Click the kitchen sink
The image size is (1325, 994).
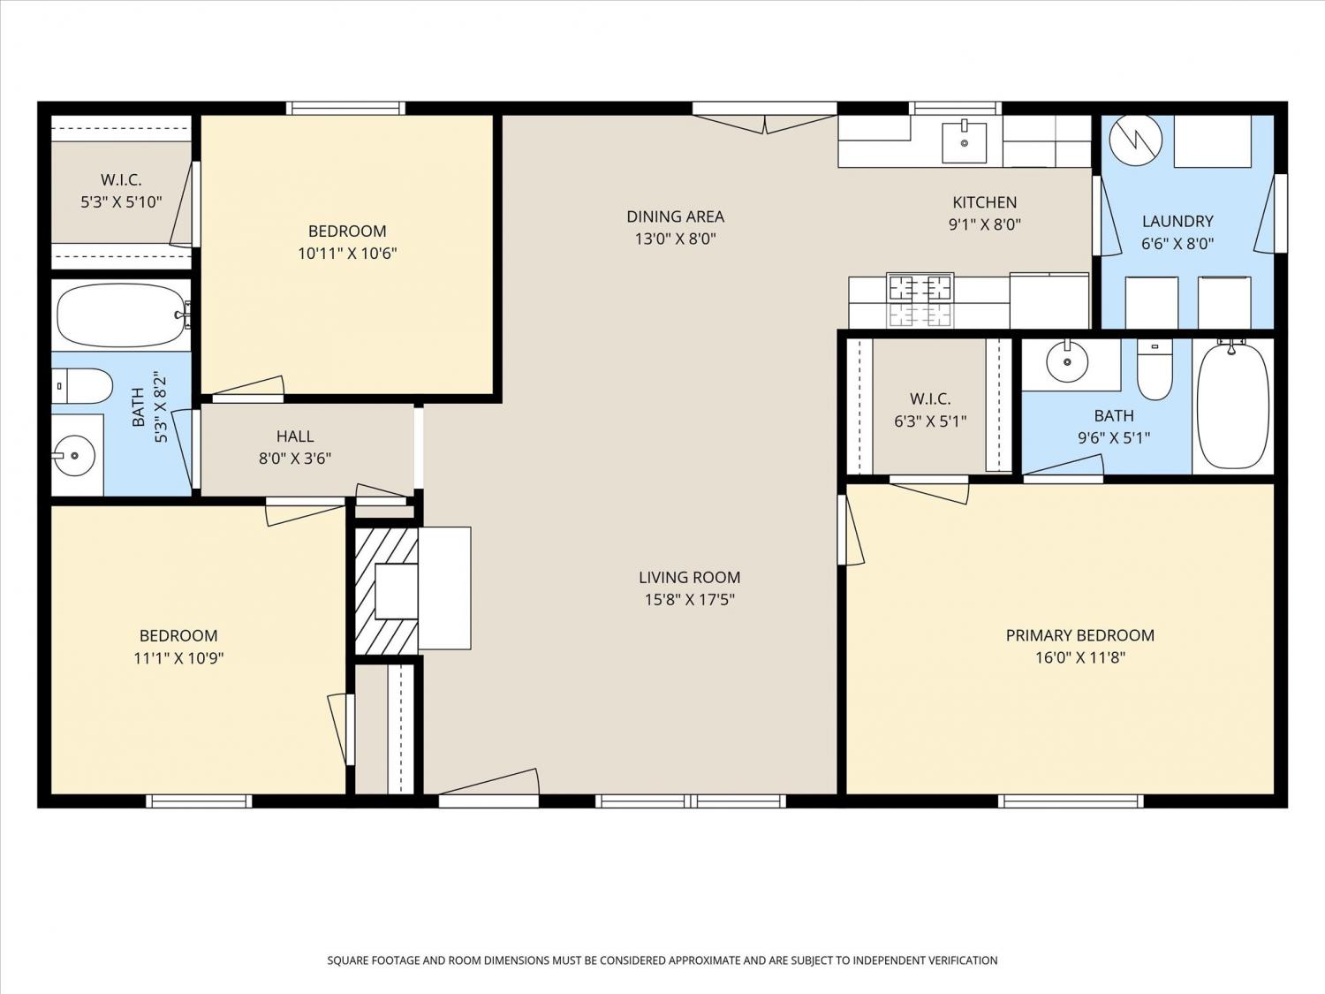point(964,142)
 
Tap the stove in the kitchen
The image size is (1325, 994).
point(920,300)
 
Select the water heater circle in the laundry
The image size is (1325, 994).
point(1135,140)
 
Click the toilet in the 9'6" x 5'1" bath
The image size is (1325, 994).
point(1155,368)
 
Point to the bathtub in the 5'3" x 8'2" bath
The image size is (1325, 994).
point(121,315)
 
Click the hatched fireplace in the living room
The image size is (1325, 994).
point(386,591)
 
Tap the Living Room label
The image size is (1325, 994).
point(689,577)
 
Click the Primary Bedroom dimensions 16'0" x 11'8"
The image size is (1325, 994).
point(1080,656)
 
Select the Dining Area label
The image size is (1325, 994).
point(676,216)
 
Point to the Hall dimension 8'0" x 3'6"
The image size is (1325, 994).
point(295,459)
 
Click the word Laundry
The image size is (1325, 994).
point(1177,221)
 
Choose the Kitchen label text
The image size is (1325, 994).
point(985,201)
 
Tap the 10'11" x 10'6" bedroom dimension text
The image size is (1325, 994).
point(347,253)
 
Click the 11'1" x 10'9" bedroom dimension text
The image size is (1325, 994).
point(178,657)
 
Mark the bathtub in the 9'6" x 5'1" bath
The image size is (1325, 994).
point(1232,405)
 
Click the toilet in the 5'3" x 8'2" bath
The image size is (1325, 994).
point(82,385)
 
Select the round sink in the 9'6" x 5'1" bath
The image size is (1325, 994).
point(1067,360)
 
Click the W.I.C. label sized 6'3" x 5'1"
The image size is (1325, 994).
point(930,398)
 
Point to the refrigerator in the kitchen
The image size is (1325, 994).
point(1049,300)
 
